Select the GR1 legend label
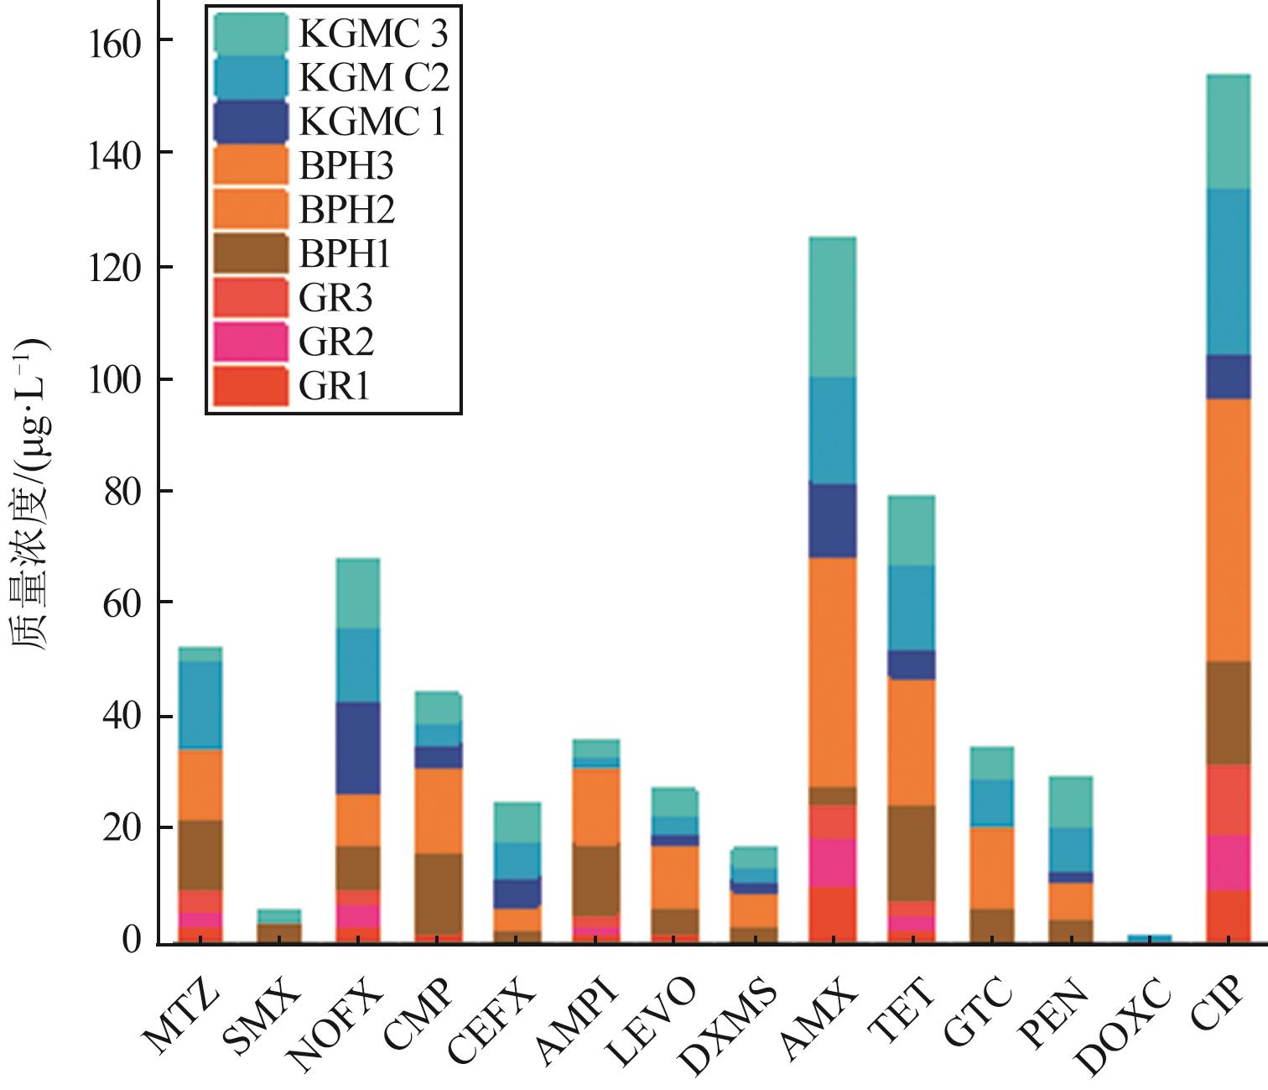pos(335,387)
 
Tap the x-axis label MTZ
pos(181,1014)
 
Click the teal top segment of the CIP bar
pos(1227,132)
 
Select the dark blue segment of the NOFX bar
pos(357,748)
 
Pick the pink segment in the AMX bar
pos(832,863)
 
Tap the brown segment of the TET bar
pos(911,853)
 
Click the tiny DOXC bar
pos(1148,938)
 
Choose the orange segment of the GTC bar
pos(991,868)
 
